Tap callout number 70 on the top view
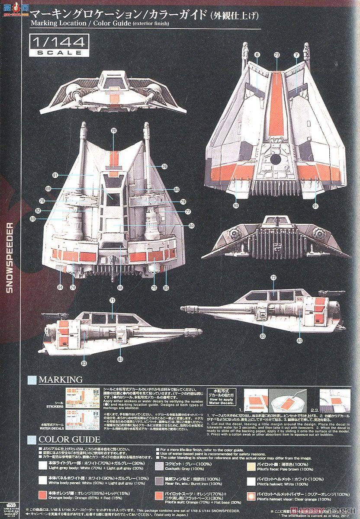coord(114,131)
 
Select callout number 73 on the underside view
coord(277,55)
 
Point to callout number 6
coord(257,55)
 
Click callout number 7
coord(297,55)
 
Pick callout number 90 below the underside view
coord(236,205)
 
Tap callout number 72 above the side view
coord(273,278)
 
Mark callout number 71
coord(112,300)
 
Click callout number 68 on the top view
coord(120,287)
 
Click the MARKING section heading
coord(61,380)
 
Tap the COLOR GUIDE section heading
coord(69,440)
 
